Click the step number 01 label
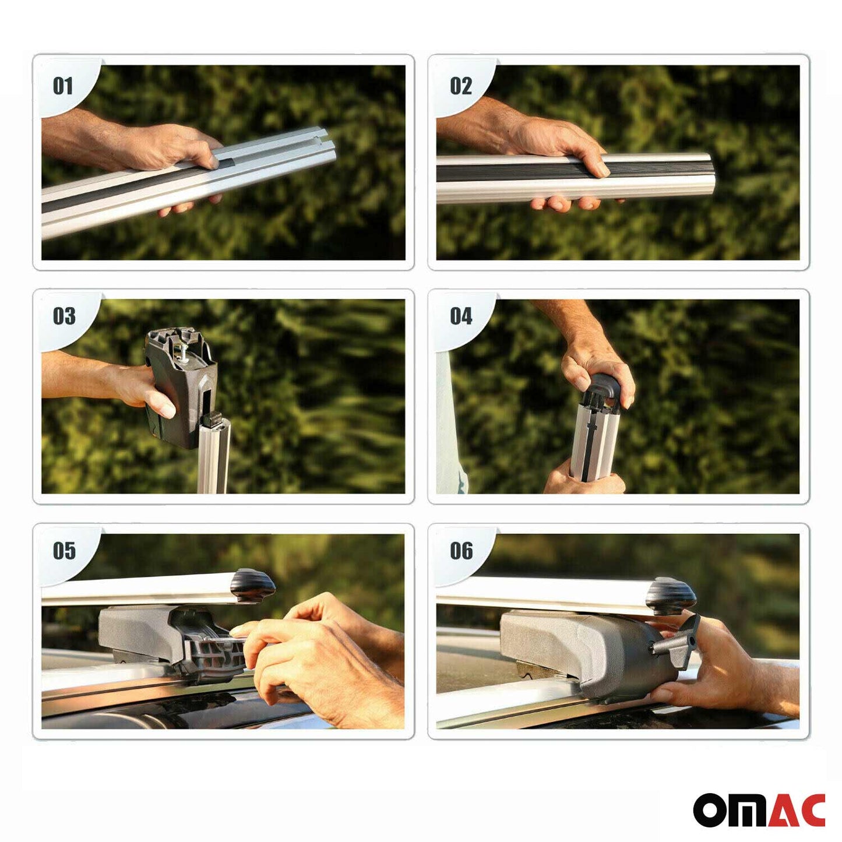point(63,86)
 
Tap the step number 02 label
point(460,86)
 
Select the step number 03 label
point(64,316)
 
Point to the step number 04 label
point(461,316)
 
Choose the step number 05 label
point(64,551)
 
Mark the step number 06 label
point(461,551)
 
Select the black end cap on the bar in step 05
point(253,584)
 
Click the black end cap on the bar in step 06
point(673,594)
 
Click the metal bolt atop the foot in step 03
point(184,350)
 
